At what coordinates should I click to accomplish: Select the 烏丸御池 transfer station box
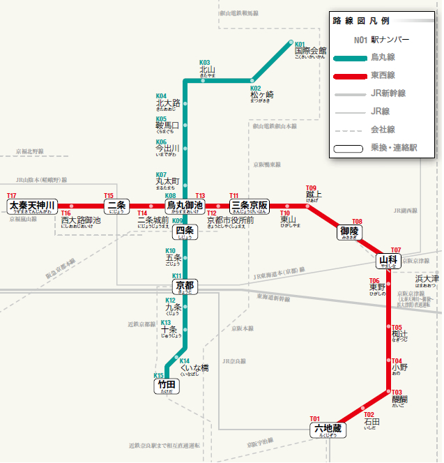pos(184,206)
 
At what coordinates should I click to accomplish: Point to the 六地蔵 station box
pos(328,429)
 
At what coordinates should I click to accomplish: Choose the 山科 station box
pos(388,261)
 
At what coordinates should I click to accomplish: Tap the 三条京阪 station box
pos(250,206)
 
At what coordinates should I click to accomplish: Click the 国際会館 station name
pos(310,51)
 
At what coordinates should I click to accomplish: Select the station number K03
pos(205,62)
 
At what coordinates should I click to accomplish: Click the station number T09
pos(311,188)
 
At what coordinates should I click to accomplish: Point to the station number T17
pos(11,196)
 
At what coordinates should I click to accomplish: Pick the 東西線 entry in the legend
pos(383,75)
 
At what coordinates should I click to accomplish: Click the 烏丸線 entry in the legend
pos(383,58)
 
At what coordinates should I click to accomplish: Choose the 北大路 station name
pos(168,103)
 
